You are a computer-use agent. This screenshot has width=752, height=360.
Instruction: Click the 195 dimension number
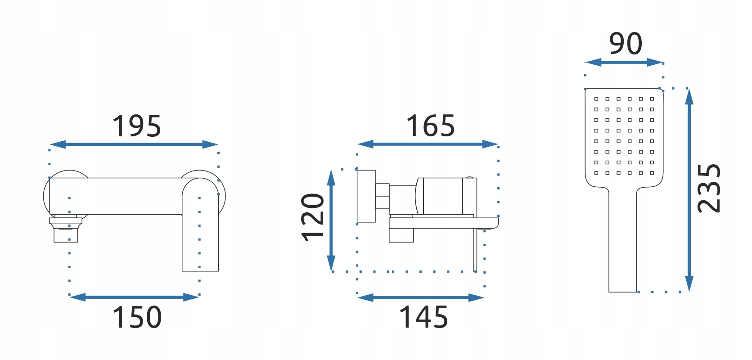(x=136, y=126)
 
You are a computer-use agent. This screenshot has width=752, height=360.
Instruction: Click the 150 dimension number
(x=137, y=317)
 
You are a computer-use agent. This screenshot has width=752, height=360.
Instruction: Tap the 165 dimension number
(x=430, y=126)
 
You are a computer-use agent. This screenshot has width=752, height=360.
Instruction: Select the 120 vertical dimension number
(x=313, y=217)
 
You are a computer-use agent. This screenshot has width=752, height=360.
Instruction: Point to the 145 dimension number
(x=423, y=317)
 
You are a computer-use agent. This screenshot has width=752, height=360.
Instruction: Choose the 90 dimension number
(x=626, y=44)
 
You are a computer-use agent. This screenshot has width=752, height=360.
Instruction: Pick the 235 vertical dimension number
(x=709, y=188)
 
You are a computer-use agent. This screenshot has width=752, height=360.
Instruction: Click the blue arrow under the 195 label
(x=134, y=144)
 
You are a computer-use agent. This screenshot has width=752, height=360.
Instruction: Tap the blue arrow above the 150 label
(x=134, y=297)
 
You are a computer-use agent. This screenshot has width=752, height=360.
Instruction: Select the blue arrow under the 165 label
(x=428, y=144)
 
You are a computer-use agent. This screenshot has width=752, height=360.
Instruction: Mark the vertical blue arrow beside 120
(x=331, y=220)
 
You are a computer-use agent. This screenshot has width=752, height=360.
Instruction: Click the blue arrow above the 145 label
(x=421, y=297)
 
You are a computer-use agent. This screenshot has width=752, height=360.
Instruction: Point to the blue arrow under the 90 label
(x=624, y=62)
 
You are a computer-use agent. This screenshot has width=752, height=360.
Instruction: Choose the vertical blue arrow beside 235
(x=689, y=190)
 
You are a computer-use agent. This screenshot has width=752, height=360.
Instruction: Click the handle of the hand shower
(x=623, y=243)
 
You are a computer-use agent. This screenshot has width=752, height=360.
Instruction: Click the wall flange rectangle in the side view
(x=366, y=196)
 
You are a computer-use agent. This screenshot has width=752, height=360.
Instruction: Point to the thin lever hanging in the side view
(x=475, y=250)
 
